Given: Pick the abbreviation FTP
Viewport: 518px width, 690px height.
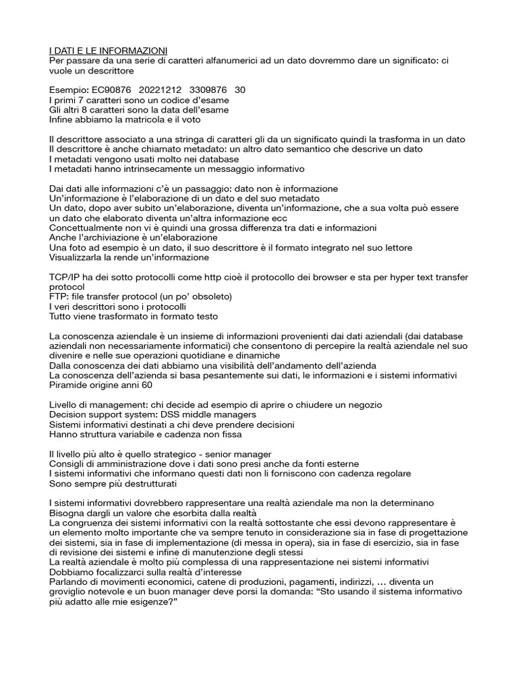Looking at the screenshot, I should [59, 297].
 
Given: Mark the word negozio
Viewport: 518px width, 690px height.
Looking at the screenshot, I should [364, 406].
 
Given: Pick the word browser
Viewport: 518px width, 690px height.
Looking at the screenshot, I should [306, 278].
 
